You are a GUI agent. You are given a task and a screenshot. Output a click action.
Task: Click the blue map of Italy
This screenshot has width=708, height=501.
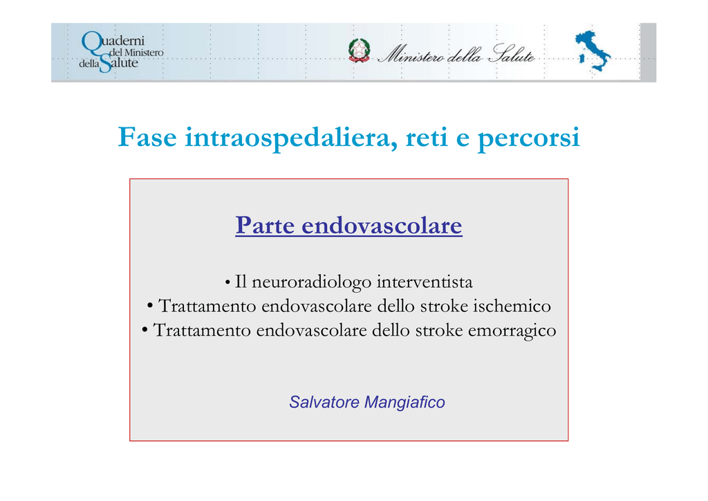click(x=593, y=51)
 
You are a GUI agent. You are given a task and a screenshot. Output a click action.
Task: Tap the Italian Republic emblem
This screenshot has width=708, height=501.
click(x=360, y=51)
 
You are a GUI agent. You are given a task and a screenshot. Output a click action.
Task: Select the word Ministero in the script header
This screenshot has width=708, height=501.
click(x=412, y=54)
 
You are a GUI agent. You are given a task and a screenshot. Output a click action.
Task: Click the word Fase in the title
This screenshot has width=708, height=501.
click(x=147, y=137)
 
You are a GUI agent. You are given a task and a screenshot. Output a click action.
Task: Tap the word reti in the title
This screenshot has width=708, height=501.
click(x=427, y=137)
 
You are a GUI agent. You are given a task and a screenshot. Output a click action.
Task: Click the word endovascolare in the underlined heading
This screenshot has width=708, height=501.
click(x=382, y=224)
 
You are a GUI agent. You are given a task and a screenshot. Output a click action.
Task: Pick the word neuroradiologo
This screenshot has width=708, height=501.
click(x=312, y=282)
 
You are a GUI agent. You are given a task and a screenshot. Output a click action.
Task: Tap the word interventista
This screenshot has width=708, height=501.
click(x=425, y=282)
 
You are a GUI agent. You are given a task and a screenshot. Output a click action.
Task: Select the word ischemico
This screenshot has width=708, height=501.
click(x=512, y=306)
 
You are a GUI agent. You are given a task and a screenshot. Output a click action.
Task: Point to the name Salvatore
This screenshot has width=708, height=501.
click(x=324, y=401)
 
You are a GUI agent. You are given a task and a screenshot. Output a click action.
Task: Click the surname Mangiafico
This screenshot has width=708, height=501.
click(x=404, y=402)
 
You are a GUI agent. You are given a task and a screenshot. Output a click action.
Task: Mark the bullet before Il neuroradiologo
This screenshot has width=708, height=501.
click(x=227, y=283)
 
